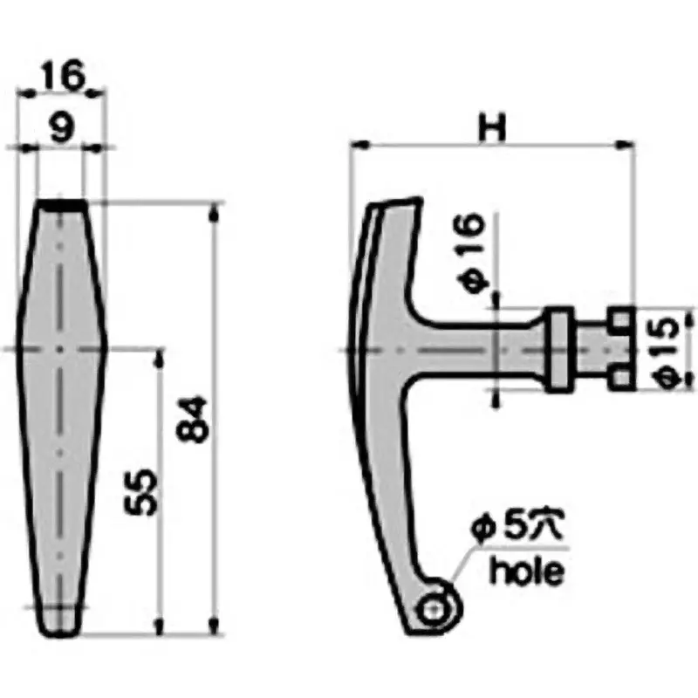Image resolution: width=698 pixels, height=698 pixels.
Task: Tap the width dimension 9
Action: pyautogui.click(x=60, y=129)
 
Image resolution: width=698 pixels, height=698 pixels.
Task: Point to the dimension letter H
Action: pyautogui.click(x=490, y=128)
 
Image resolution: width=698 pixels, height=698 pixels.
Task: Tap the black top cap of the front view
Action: pyautogui.click(x=61, y=203)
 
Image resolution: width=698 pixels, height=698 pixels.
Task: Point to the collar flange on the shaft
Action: pyautogui.click(x=557, y=348)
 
